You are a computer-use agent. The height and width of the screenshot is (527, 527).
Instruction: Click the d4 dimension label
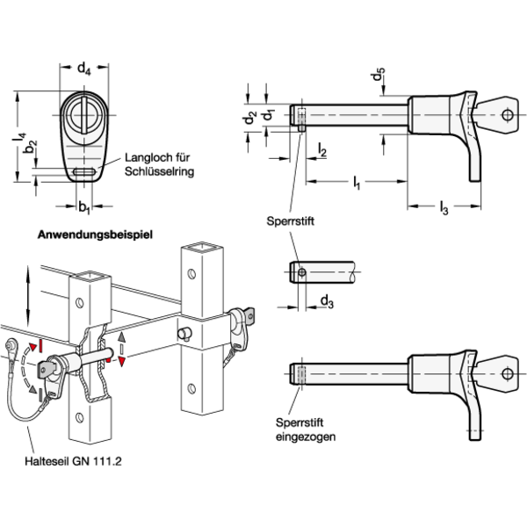[84, 69]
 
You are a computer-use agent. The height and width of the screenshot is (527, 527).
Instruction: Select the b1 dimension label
[84, 207]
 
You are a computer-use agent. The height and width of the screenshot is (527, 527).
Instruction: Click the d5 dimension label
[379, 75]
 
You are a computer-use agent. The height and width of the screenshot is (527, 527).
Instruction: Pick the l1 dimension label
[357, 183]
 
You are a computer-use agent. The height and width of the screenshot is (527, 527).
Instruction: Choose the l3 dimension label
[444, 207]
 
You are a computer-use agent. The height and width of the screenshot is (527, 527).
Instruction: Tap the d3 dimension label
[327, 301]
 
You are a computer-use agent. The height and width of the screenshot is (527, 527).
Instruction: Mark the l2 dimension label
[322, 150]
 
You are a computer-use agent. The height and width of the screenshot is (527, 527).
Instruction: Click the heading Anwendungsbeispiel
[95, 235]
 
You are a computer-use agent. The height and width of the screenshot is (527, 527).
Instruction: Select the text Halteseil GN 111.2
[73, 461]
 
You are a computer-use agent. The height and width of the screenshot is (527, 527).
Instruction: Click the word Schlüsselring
[159, 171]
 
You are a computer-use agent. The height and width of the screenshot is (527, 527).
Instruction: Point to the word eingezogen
[306, 437]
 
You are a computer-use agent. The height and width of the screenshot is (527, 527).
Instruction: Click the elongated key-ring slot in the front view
[84, 172]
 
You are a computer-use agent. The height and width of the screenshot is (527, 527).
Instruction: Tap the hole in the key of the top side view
[508, 115]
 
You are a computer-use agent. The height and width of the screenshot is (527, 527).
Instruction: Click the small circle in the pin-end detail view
[302, 272]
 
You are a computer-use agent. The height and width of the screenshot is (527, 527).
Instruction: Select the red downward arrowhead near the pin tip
[122, 362]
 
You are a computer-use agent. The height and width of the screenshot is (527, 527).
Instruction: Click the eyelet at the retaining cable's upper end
[10, 345]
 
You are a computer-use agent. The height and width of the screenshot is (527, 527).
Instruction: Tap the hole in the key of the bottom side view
[508, 374]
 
